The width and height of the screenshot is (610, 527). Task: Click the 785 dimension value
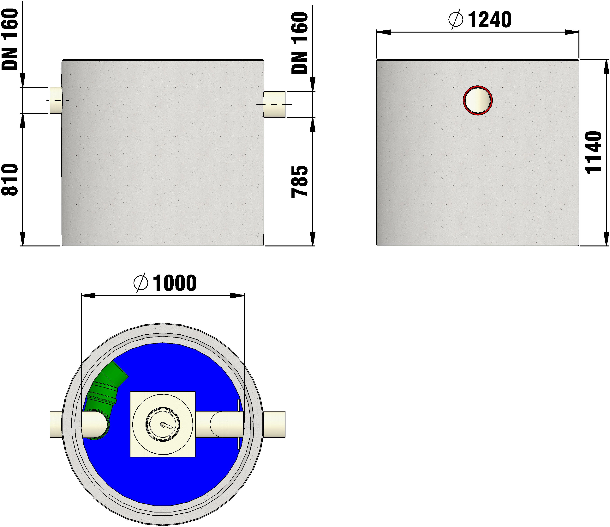pyautogui.click(x=299, y=182)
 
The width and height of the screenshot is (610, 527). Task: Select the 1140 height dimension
pyautogui.click(x=593, y=152)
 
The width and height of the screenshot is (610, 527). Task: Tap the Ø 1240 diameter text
pyautogui.click(x=480, y=20)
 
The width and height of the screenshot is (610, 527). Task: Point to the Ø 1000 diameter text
pyautogui.click(x=165, y=283)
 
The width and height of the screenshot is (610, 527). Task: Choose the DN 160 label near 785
pyautogui.click(x=299, y=43)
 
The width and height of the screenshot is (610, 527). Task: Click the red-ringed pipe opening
pyautogui.click(x=477, y=100)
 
